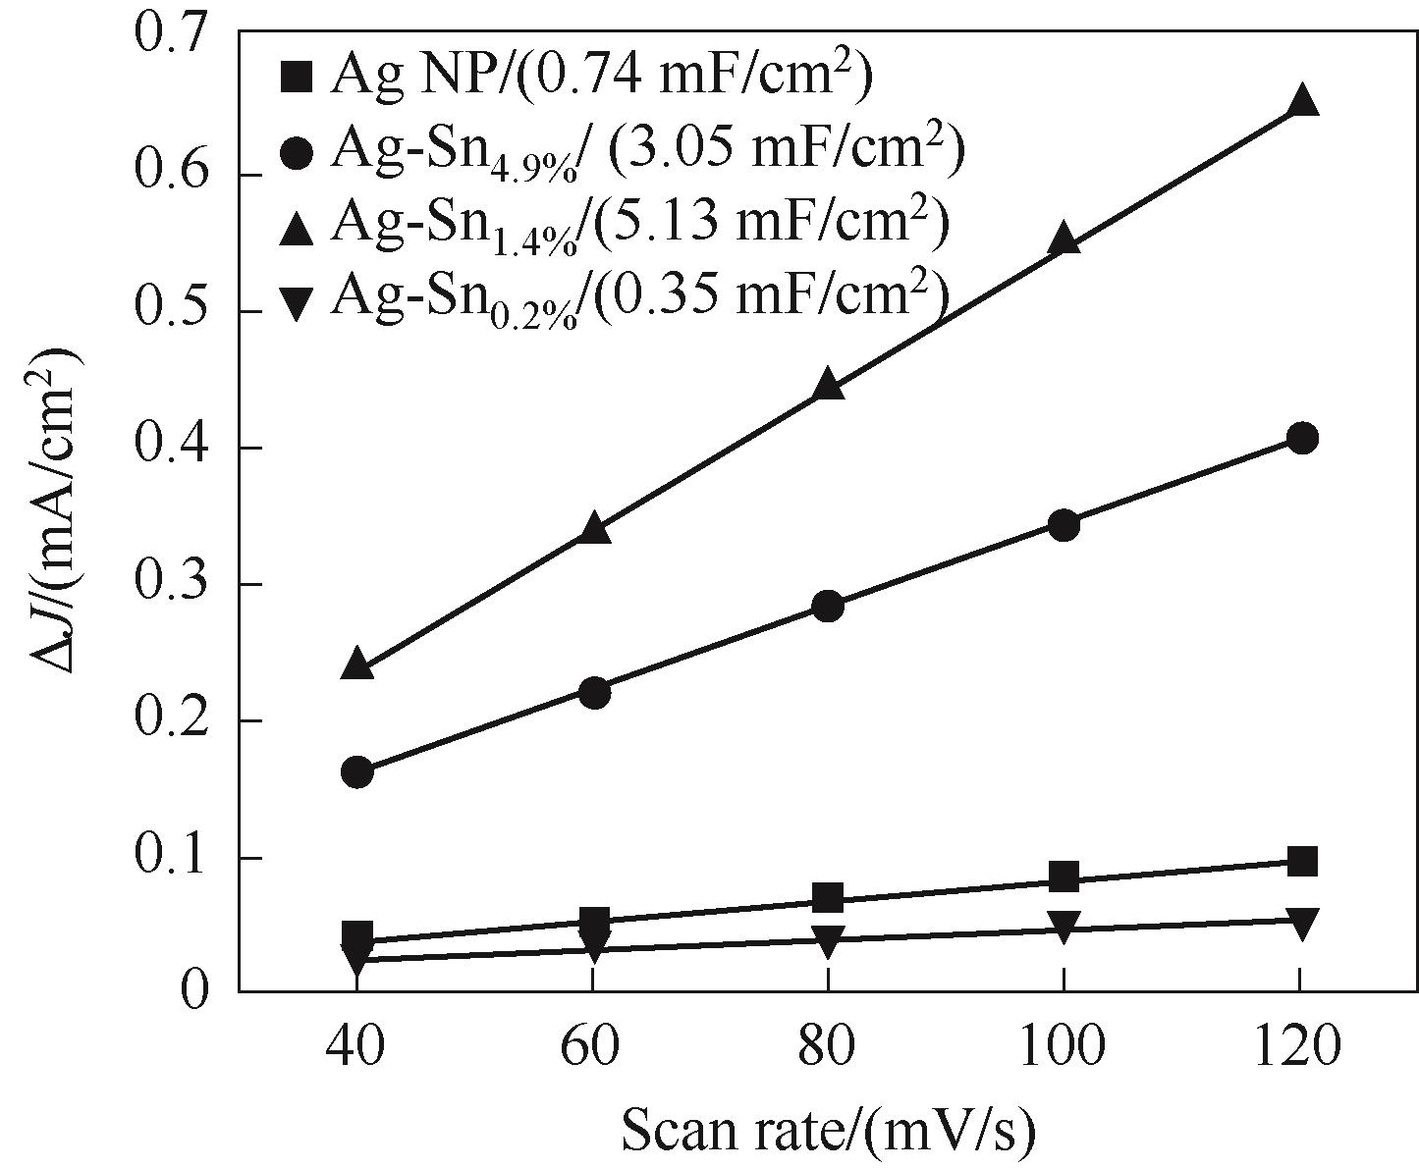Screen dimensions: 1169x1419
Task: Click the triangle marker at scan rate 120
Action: tap(1302, 100)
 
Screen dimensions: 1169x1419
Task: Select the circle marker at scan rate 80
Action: tap(829, 606)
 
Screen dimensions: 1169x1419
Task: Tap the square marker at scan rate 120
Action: tap(1302, 862)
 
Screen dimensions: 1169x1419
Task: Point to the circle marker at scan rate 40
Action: tap(357, 772)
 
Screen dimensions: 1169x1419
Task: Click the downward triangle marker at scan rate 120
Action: tap(1302, 924)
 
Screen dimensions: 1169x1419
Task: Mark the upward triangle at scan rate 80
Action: tap(829, 385)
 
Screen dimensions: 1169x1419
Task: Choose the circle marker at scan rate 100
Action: tap(1064, 525)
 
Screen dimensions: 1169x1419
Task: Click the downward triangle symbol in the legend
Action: tap(296, 300)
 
